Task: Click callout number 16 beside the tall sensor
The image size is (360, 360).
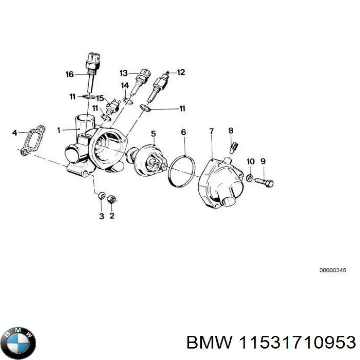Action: (70, 75)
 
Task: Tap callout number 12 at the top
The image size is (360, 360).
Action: (181, 72)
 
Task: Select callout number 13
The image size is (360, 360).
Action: (123, 73)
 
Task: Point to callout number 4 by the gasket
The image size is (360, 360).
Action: (15, 133)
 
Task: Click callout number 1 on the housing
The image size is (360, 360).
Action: (59, 130)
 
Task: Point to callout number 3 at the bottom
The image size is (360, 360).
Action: (101, 216)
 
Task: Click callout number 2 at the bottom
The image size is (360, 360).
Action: (112, 216)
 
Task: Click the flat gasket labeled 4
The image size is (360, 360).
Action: (31, 140)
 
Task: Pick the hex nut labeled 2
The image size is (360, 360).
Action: (112, 200)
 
